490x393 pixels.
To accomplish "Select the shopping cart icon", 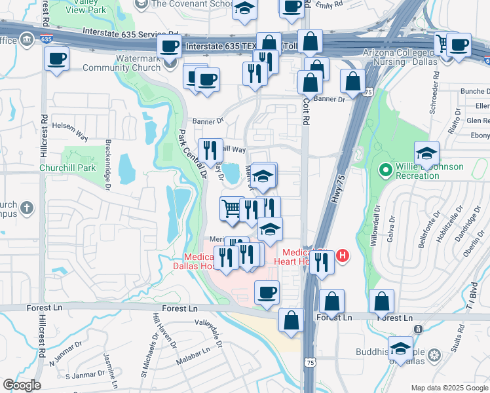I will coord(231,208).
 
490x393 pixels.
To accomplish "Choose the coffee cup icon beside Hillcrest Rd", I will coord(56,58).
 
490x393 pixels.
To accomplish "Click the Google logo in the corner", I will coord(21,385).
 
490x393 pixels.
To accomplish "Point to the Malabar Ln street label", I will coord(193,361).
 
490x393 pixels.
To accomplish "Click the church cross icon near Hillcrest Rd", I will coord(26,208).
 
